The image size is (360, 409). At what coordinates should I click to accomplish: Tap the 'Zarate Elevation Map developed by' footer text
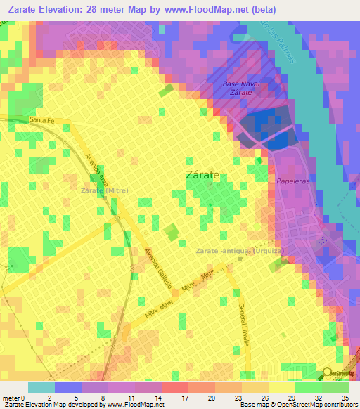pyautogui.click(x=55, y=405)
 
